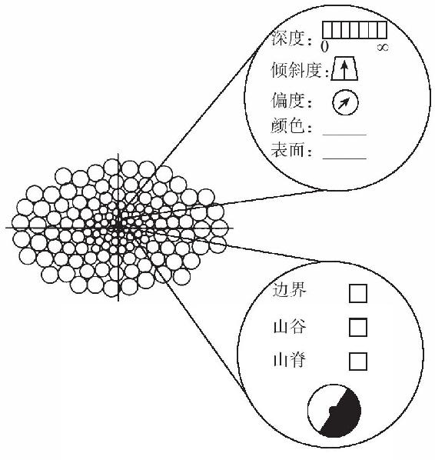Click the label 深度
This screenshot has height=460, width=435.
point(288,38)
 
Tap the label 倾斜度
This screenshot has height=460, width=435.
point(296,70)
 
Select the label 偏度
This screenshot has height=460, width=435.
point(287,100)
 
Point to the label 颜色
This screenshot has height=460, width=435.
point(287,126)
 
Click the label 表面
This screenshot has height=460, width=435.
point(287,150)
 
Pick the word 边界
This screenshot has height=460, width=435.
point(289,290)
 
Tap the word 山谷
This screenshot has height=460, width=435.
point(289,326)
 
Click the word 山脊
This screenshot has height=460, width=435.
point(289,360)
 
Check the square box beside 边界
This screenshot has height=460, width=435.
point(358,293)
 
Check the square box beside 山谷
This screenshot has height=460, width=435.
point(358,327)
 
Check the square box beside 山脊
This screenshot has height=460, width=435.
point(358,362)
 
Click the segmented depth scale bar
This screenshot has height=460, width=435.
point(354,30)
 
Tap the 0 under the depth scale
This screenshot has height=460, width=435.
point(324,47)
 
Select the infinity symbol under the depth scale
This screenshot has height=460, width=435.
point(383,47)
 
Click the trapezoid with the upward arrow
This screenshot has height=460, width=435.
point(344,68)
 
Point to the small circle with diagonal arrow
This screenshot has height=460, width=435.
point(345,102)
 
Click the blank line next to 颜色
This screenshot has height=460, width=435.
point(344,135)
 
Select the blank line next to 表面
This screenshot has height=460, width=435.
point(344,158)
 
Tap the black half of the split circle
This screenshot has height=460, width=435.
point(346,417)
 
